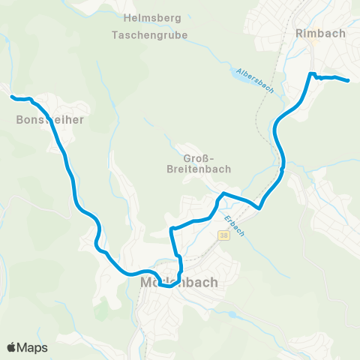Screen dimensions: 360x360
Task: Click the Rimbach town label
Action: pos(321,33)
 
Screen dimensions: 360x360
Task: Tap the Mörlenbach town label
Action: pos(179,283)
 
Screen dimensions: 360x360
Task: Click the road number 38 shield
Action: pos(223,236)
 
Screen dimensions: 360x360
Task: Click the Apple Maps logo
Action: pos(27,347)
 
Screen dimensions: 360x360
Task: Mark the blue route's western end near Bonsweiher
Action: pos(12,97)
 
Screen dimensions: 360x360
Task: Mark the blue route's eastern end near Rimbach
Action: pos(349,79)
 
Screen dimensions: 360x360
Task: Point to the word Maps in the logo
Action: pos(33,347)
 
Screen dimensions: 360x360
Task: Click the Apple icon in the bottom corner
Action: pos(12,347)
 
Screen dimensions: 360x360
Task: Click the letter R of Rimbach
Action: pos(301,33)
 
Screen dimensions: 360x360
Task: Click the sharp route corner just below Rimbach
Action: pos(310,73)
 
